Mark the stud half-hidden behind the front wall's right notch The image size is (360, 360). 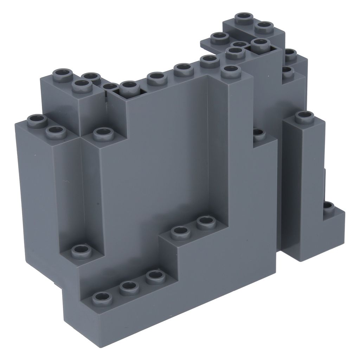pos(258,134)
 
